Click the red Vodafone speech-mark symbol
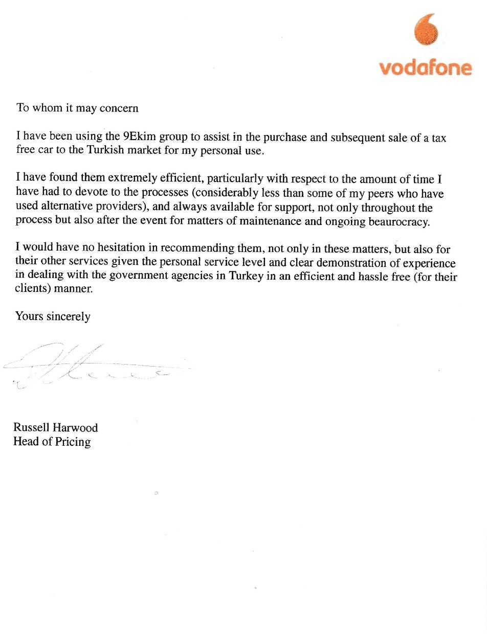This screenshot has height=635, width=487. pyautogui.click(x=426, y=30)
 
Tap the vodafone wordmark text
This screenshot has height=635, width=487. pyautogui.click(x=425, y=68)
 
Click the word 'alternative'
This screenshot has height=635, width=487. pyautogui.click(x=61, y=208)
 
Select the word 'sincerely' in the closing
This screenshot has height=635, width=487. pyautogui.click(x=68, y=316)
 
